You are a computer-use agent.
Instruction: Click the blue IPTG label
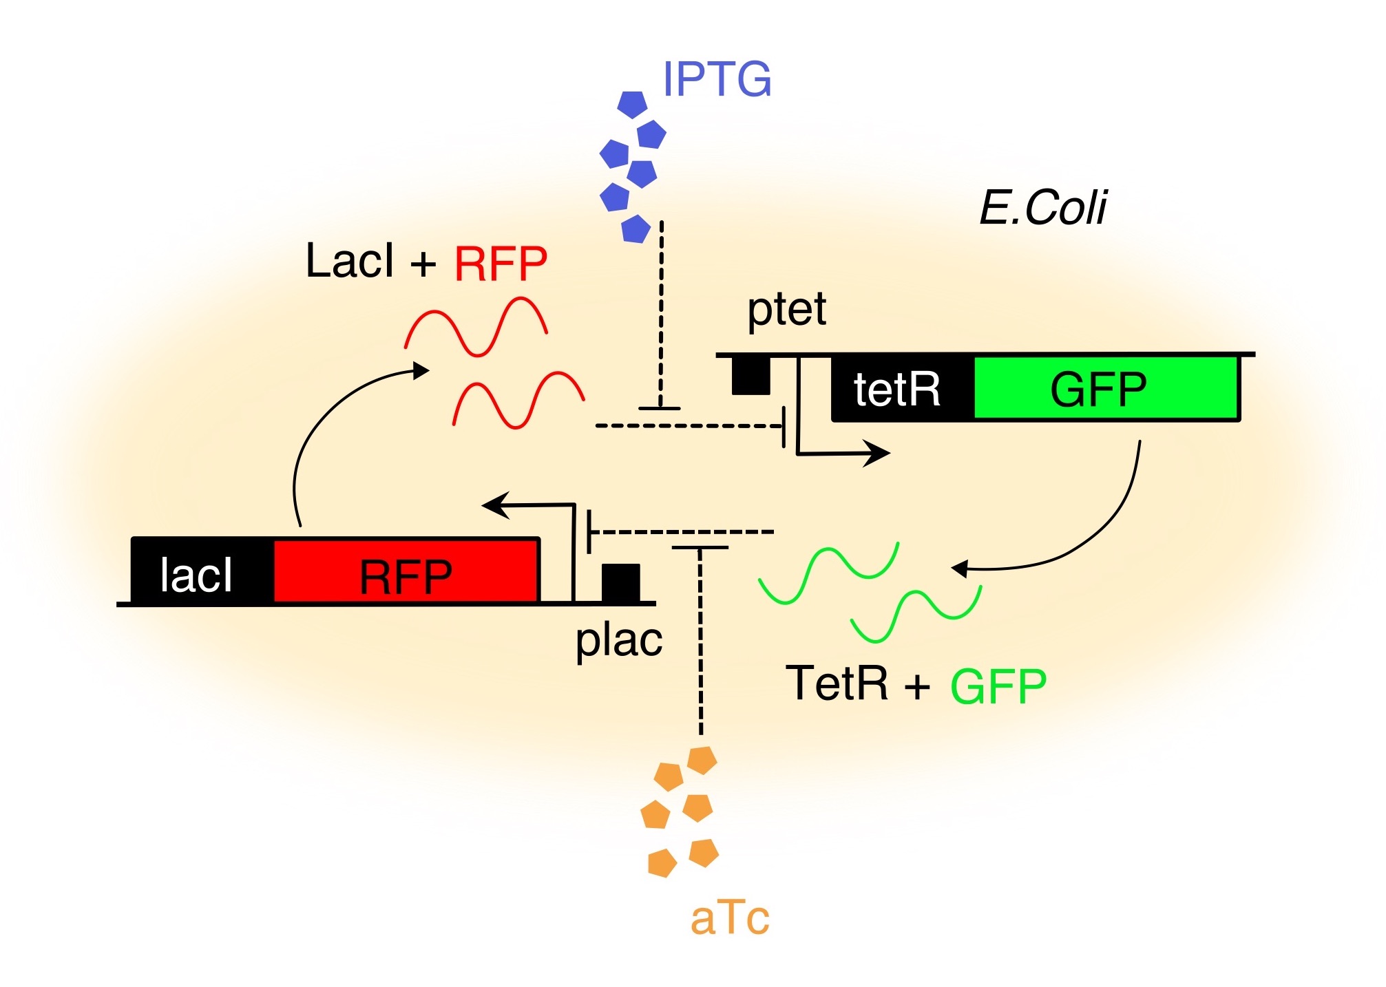[717, 79]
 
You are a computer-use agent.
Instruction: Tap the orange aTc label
[729, 918]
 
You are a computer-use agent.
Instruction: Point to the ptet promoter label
[786, 310]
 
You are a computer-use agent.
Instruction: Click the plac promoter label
[618, 641]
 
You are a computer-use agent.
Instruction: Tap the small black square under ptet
[750, 376]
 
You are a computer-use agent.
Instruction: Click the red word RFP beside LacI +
[501, 264]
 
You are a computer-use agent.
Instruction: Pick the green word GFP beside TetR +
[998, 686]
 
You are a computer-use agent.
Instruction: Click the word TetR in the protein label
[837, 683]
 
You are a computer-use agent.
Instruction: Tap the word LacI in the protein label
[350, 262]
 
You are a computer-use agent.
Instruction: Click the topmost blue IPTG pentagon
[632, 105]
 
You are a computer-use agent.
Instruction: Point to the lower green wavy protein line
[916, 614]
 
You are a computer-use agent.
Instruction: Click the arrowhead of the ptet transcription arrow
[879, 454]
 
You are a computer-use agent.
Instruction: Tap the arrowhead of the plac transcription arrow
[494, 505]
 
